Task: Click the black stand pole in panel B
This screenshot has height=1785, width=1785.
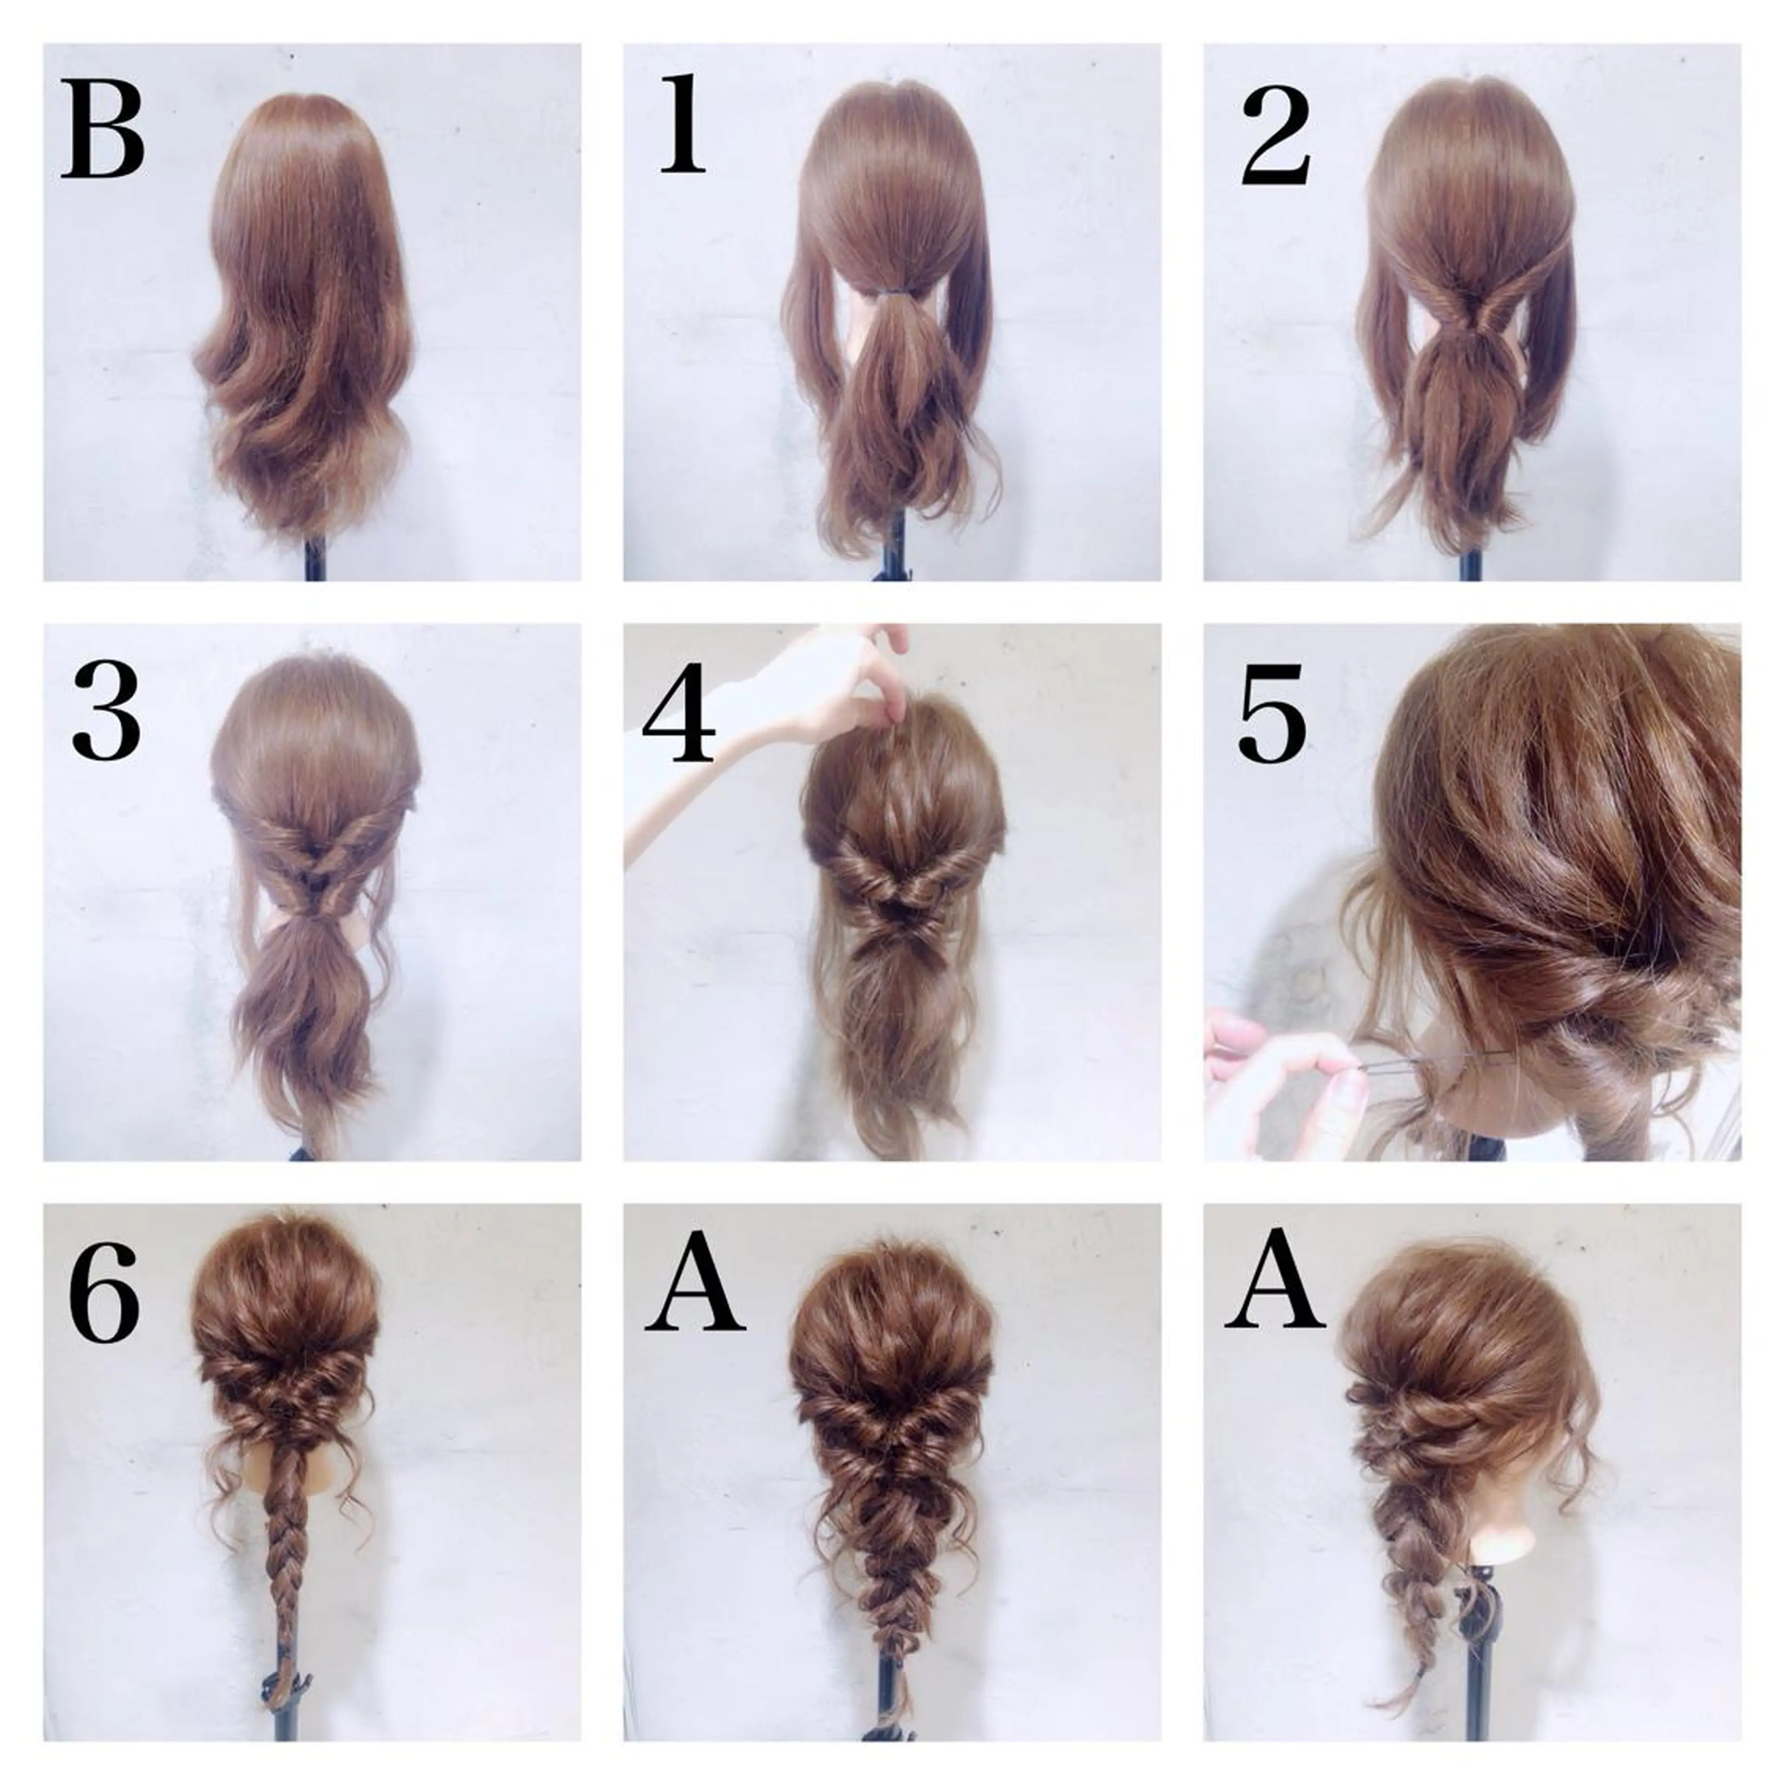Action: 315,559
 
